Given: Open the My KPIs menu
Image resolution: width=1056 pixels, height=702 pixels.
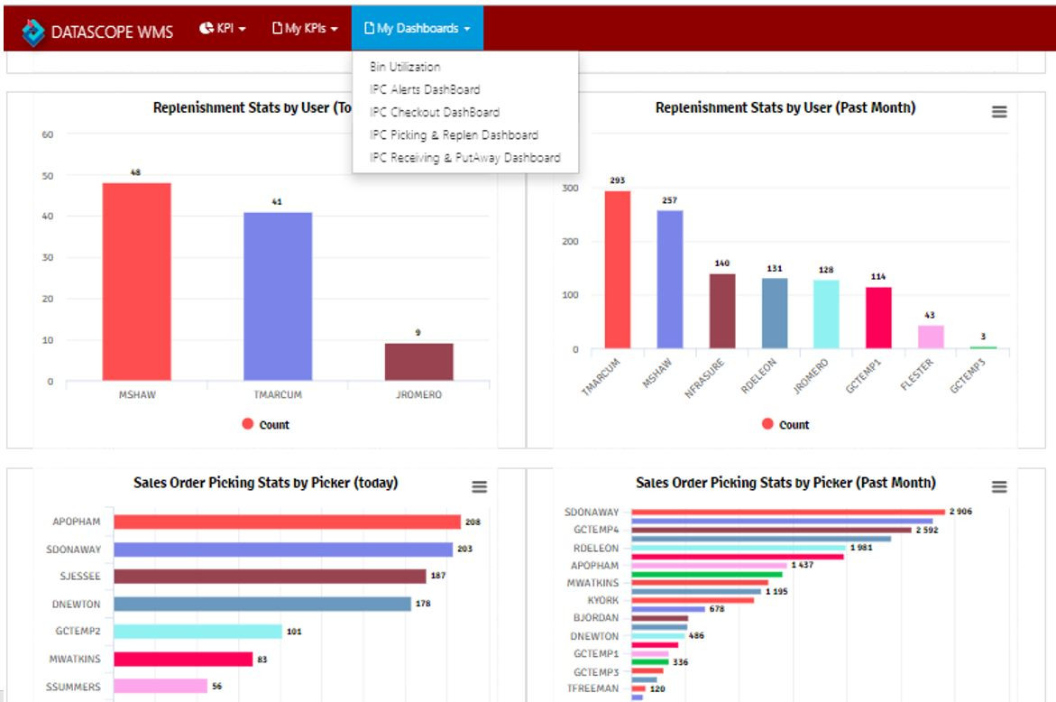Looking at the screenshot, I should coord(305,29).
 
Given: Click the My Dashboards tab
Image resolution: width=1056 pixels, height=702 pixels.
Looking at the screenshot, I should coord(417,29).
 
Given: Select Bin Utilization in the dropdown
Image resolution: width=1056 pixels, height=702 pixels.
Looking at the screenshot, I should coord(405,67).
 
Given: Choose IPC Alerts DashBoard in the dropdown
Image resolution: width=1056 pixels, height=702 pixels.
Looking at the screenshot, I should coord(425,89).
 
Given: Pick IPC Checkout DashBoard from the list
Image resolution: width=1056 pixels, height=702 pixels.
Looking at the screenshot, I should coord(434,112).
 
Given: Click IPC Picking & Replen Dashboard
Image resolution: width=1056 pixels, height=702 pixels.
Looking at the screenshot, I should coord(454,134).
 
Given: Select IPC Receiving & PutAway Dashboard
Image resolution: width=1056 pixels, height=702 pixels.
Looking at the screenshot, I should coord(464,158).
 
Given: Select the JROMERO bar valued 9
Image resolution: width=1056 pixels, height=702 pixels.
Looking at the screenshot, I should coord(418,361).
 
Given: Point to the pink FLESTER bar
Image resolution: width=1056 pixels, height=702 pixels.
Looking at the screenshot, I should coord(931,337).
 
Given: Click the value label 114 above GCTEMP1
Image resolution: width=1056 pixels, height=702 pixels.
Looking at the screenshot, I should coord(878,277).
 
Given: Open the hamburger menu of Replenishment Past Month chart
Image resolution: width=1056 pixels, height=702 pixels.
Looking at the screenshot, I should coord(999,111).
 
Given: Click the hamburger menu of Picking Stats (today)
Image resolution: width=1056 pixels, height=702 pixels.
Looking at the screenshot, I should coord(479,486).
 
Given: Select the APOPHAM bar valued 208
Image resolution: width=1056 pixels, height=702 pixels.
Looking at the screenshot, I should coord(287,522).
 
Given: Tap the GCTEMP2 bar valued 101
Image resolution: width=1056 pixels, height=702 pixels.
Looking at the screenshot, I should coord(197,632).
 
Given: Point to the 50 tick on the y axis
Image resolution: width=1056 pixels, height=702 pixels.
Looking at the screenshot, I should coord(47,176).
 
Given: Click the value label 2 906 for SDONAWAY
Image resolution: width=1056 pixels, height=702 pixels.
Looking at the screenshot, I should coord(960,512).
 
